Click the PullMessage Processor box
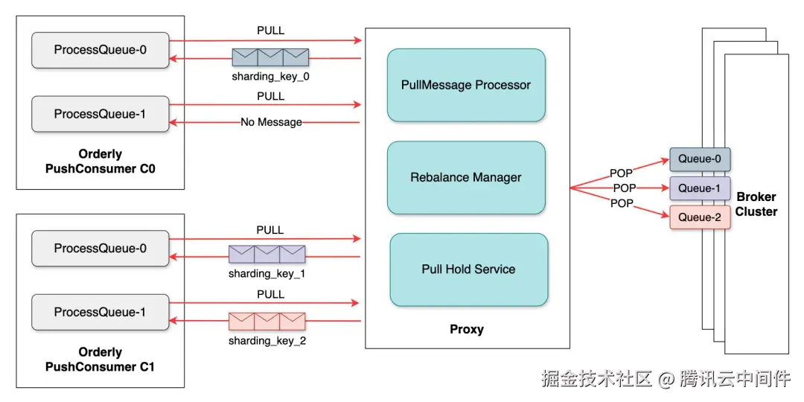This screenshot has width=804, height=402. (x=466, y=85)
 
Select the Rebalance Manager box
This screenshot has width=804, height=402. (x=466, y=178)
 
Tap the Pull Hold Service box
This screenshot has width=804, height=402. (x=468, y=269)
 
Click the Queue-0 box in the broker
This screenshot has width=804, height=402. (x=700, y=159)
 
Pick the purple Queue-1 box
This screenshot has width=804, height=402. (x=700, y=188)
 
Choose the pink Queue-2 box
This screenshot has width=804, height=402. (x=700, y=217)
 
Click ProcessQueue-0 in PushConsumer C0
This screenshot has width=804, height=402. (x=100, y=50)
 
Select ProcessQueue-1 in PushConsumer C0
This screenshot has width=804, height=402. (x=100, y=115)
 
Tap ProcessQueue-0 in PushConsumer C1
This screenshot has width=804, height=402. (x=100, y=249)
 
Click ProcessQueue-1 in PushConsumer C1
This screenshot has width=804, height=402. (x=100, y=313)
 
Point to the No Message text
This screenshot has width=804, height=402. (x=271, y=122)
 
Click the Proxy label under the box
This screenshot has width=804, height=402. (x=467, y=329)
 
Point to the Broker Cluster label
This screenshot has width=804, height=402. (x=756, y=204)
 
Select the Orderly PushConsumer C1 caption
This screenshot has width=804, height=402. (x=100, y=359)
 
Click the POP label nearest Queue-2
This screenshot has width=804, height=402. (x=622, y=203)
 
